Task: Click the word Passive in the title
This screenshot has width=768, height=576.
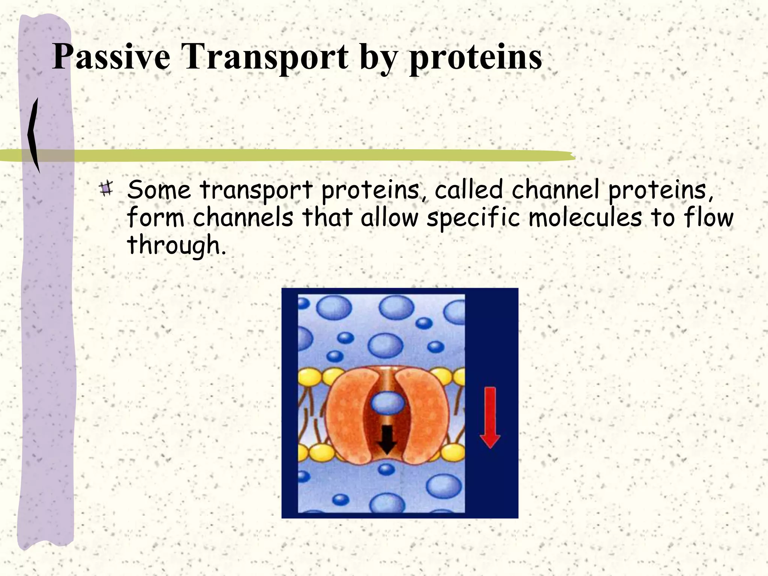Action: [x=111, y=57]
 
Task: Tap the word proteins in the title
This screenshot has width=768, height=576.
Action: [x=475, y=57]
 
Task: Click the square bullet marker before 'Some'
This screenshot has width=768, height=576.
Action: [x=106, y=188]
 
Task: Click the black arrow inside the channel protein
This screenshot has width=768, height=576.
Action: [x=387, y=439]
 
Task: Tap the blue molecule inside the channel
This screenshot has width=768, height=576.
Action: [x=387, y=403]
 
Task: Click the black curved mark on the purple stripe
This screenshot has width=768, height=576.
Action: [x=34, y=135]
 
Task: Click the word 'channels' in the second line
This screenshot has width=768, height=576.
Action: [x=243, y=217]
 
